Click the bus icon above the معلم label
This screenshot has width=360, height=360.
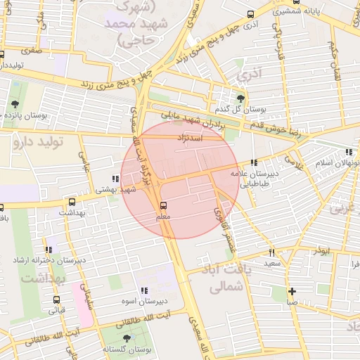[x=163, y=205]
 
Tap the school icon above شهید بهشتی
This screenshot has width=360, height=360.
[x=115, y=179]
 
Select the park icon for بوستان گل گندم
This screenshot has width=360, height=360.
[x=242, y=98]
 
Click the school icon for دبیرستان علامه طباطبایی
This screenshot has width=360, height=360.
[x=254, y=163]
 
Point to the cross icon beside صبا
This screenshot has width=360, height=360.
[x=292, y=291]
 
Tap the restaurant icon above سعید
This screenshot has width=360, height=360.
[x=271, y=252]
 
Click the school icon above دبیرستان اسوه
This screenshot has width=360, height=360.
[x=144, y=290]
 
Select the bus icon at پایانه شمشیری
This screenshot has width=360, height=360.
[x=251, y=14]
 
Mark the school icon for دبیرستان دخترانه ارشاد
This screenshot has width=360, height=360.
[x=49, y=250]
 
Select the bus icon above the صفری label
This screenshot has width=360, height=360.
[x=2, y=54]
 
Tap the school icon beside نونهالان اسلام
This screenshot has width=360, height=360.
[x=349, y=152]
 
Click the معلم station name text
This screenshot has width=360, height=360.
[x=163, y=218]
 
